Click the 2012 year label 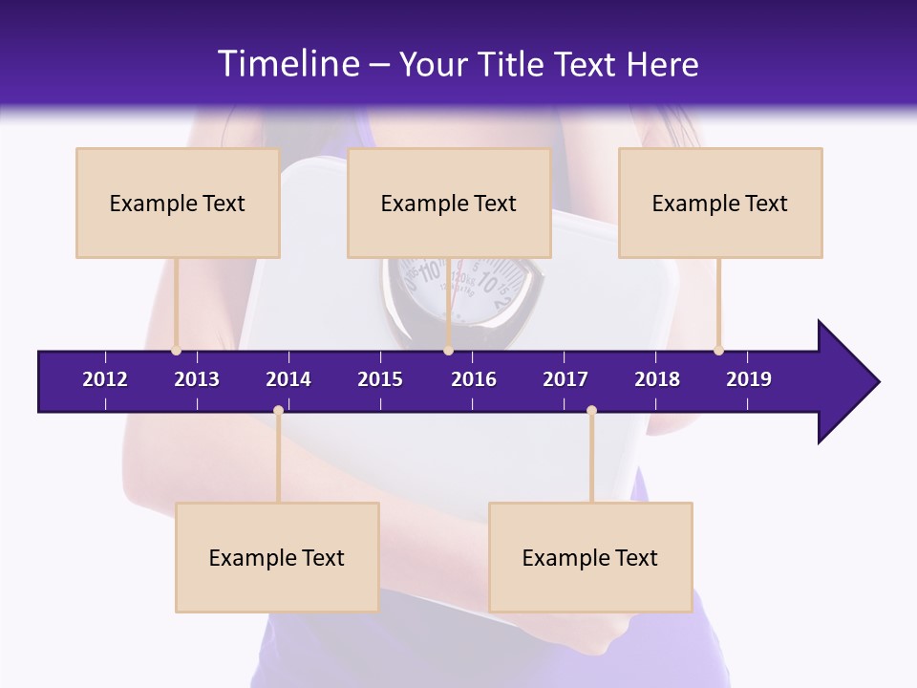(105, 379)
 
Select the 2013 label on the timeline (197, 379)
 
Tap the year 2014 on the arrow (288, 379)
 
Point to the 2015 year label (380, 379)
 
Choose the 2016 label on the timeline (474, 379)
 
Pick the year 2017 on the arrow (565, 379)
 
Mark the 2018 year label (657, 379)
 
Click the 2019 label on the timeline (749, 379)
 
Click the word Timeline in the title (287, 64)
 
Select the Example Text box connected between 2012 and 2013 (178, 203)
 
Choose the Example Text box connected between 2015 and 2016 (449, 203)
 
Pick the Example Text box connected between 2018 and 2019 (720, 203)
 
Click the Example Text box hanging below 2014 (277, 557)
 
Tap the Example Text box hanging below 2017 (590, 557)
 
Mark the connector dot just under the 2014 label (278, 411)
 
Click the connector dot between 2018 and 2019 (718, 351)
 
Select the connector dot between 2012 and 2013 (176, 351)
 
